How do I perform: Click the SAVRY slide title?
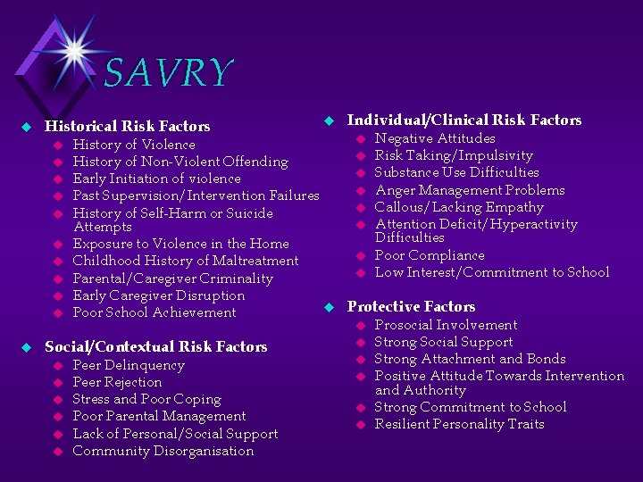click(168, 73)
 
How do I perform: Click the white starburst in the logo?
click(73, 51)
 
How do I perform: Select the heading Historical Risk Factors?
click(128, 127)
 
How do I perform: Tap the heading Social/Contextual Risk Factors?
click(155, 346)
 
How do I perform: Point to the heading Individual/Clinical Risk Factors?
click(463, 120)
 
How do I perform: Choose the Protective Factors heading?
click(411, 306)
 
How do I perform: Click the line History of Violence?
click(134, 145)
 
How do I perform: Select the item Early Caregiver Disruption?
click(158, 295)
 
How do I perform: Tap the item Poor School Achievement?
click(154, 312)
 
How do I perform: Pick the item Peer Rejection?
click(117, 382)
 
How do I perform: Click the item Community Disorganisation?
click(163, 451)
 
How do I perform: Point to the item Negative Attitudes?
click(435, 138)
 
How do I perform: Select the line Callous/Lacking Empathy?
click(459, 207)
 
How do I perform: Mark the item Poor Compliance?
click(430, 255)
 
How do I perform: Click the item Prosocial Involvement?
click(446, 325)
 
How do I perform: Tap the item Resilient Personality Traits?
click(459, 424)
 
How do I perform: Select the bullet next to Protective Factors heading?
click(328, 307)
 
